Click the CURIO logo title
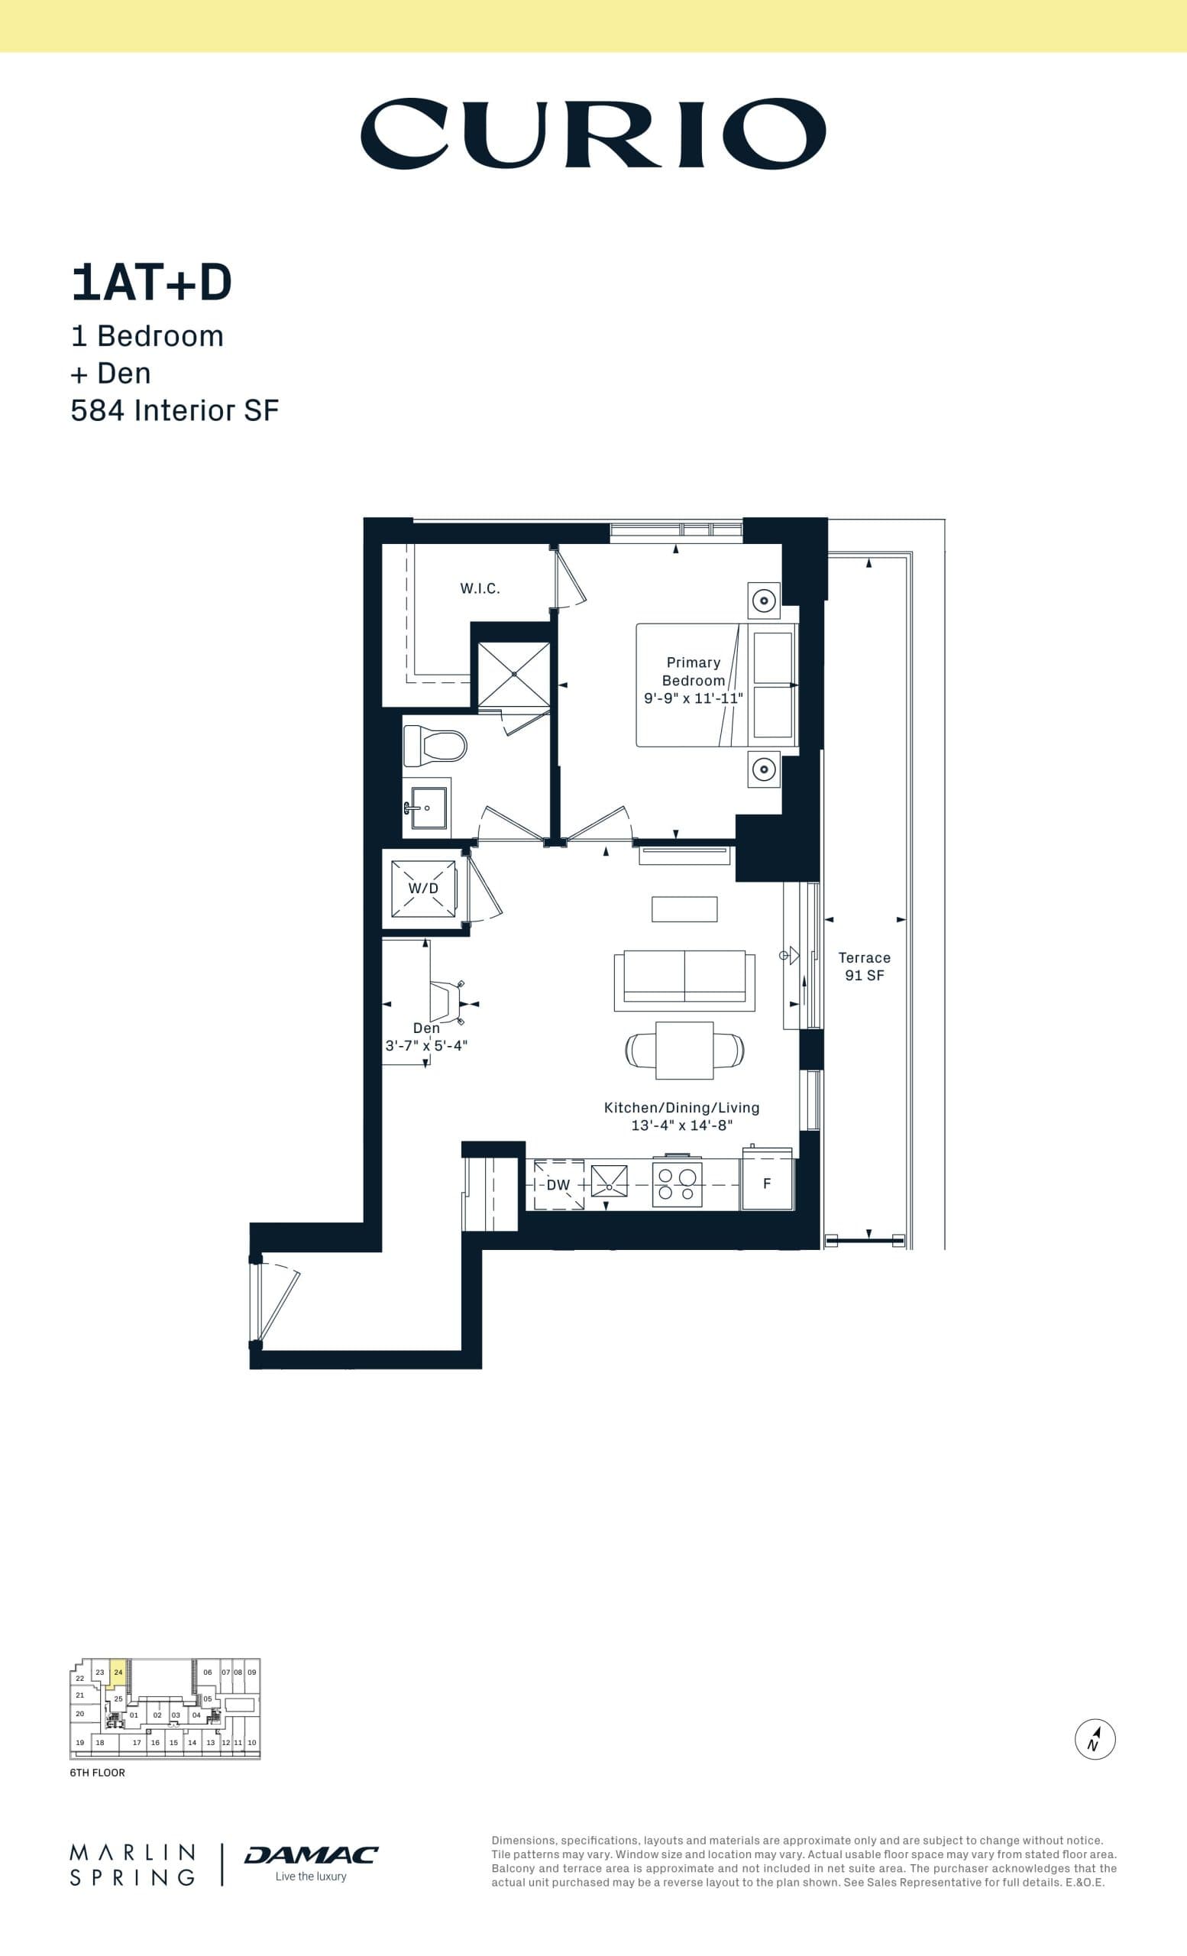pyautogui.click(x=593, y=134)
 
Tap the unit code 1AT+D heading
pyautogui.click(x=150, y=283)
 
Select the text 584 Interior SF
pyautogui.click(x=175, y=410)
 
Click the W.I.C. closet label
pyautogui.click(x=479, y=588)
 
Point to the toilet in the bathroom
pyautogui.click(x=435, y=746)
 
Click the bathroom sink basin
pyautogui.click(x=429, y=808)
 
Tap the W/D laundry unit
pyautogui.click(x=423, y=889)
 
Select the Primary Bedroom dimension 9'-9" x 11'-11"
pyautogui.click(x=693, y=698)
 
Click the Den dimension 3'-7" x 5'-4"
pyautogui.click(x=426, y=1045)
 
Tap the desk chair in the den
pyautogui.click(x=446, y=1002)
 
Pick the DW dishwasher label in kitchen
pyautogui.click(x=558, y=1184)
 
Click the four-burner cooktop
pyautogui.click(x=677, y=1184)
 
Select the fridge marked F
pyautogui.click(x=766, y=1184)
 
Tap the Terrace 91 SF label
pyautogui.click(x=864, y=966)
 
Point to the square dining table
pyautogui.click(x=684, y=1051)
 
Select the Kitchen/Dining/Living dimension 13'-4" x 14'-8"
pyautogui.click(x=681, y=1125)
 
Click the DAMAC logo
pyautogui.click(x=310, y=1854)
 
